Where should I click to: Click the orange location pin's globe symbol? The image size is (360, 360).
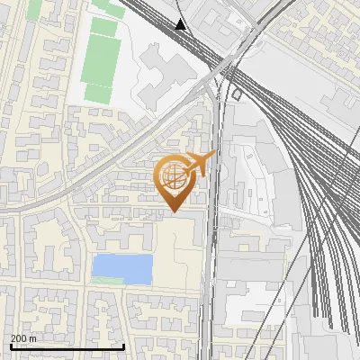(174, 176)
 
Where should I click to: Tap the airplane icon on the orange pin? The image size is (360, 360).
(201, 164)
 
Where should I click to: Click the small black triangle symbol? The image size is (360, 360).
(181, 24)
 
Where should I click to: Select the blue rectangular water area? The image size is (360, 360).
(122, 267)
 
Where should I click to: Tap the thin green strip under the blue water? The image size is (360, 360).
(106, 282)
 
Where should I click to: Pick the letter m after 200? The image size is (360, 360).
(33, 338)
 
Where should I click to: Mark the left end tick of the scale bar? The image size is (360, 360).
(10, 346)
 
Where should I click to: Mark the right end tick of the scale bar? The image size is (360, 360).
(124, 346)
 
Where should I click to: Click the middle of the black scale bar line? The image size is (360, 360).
(67, 347)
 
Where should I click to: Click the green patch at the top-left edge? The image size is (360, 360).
(34, 8)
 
